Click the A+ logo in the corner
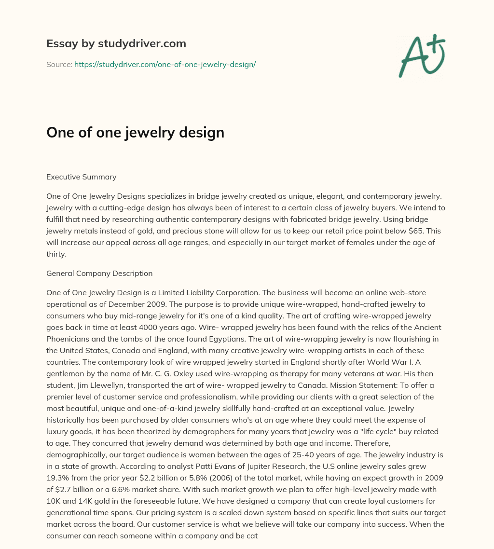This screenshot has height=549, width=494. pos(422,56)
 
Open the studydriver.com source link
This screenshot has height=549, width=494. pos(165,64)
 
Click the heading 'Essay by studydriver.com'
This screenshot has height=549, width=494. pos(116,44)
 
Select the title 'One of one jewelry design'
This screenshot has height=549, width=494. pos(135,133)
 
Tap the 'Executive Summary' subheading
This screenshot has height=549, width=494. pos(82,177)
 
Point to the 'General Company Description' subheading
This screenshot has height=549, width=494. pos(99,273)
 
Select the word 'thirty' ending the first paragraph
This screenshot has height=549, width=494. pos(56,254)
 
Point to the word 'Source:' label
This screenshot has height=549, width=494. pos(59,64)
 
